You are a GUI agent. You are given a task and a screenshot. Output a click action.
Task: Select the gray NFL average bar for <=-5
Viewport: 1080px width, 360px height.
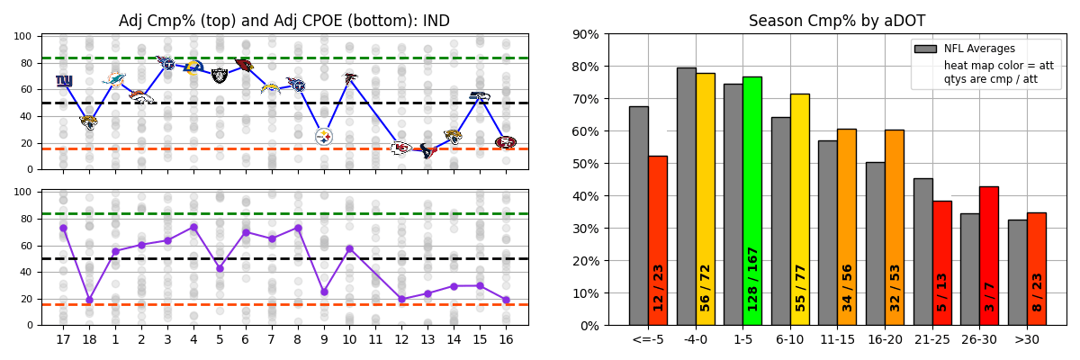click(x=638, y=216)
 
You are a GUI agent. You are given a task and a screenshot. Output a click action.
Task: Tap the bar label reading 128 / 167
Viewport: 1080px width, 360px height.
click(x=752, y=279)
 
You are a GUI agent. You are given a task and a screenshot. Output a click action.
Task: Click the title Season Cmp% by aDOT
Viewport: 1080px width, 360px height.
click(x=837, y=21)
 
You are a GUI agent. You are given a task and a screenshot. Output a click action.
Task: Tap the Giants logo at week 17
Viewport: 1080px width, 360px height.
click(x=64, y=81)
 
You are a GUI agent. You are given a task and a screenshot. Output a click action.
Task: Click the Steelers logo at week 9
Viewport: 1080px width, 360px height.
click(x=324, y=136)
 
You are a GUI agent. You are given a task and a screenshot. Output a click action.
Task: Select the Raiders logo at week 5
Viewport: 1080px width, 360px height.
click(x=220, y=76)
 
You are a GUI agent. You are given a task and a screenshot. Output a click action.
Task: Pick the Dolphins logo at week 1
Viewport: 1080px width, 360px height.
click(x=115, y=79)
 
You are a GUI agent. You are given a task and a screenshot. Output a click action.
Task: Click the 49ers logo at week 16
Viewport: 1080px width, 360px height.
click(x=506, y=142)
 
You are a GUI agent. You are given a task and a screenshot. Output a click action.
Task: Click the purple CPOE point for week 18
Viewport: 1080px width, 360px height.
click(x=89, y=300)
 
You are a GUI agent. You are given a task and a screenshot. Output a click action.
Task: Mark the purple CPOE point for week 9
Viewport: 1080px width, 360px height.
click(x=324, y=292)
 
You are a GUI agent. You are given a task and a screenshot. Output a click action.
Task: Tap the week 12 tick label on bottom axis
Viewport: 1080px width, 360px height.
click(x=401, y=339)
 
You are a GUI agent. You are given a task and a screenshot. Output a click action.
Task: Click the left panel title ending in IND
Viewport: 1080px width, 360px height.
click(x=284, y=21)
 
